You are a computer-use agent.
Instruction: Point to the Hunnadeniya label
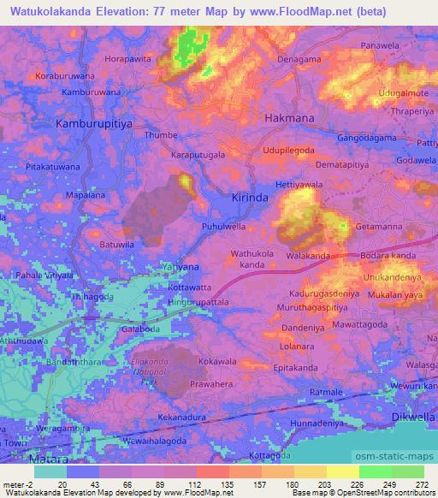tap(317, 424)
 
